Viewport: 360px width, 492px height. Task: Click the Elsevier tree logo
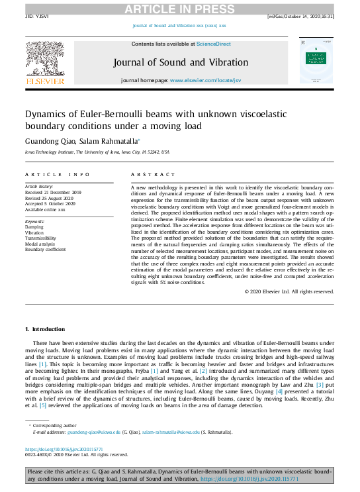(45, 62)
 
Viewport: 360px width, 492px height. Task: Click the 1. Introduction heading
(45, 328)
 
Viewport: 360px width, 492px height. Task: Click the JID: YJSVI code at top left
(36, 16)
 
